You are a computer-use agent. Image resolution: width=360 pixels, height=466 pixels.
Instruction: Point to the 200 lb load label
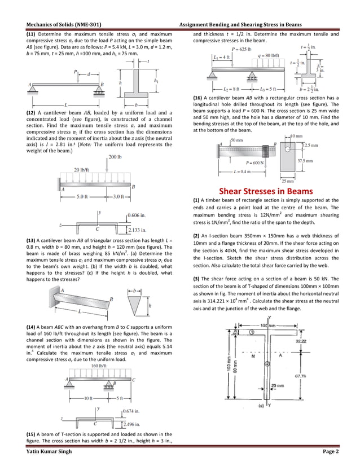tap(117, 156)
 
